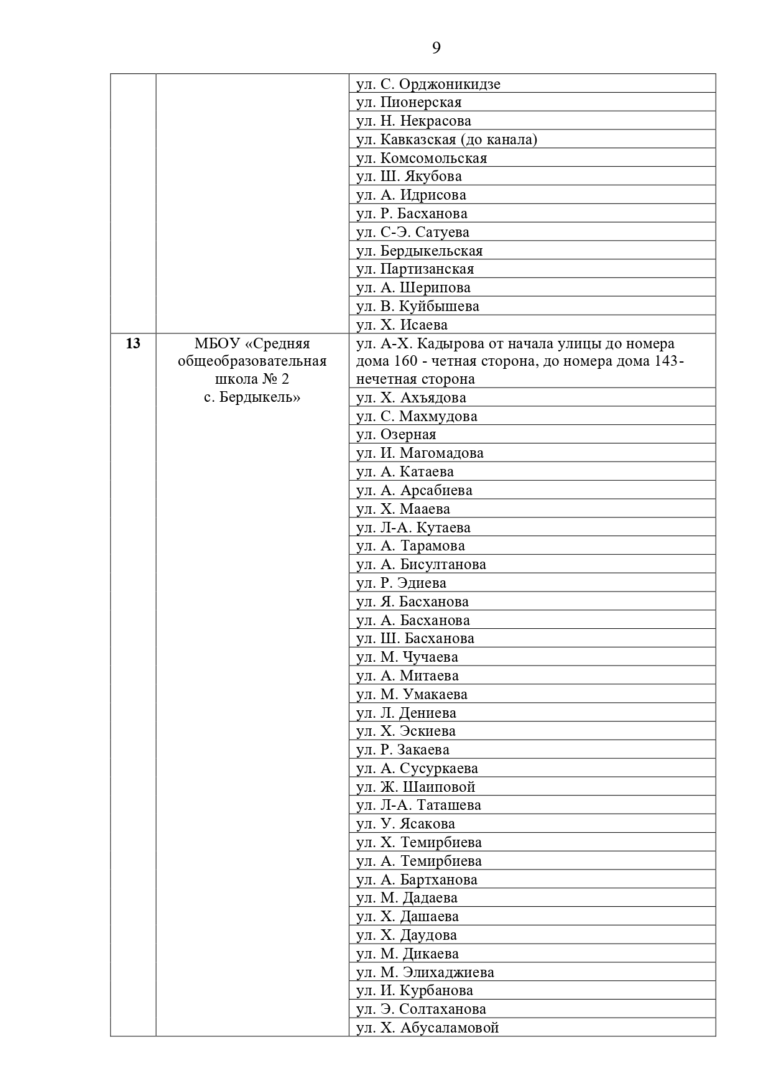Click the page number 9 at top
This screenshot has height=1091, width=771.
coord(436,48)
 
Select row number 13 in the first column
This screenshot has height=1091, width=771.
coord(133,343)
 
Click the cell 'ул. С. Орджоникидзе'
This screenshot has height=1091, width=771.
coord(428,84)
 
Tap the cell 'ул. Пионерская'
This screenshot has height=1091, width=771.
coord(409,103)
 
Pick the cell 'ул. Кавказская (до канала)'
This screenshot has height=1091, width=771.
coord(446,139)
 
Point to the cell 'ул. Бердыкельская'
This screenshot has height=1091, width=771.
coord(419,251)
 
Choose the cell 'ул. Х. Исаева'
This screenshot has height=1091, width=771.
coord(402,325)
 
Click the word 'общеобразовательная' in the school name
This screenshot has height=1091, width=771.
coord(252,361)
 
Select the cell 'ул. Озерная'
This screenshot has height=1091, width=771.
coord(396,434)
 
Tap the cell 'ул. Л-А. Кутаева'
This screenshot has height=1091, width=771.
coord(413,527)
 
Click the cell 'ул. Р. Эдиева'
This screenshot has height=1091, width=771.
coord(401,583)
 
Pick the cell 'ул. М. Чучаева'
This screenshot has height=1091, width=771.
coord(407,657)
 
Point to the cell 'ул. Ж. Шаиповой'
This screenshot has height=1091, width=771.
coord(415,787)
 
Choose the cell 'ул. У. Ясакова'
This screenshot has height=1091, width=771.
coord(405,824)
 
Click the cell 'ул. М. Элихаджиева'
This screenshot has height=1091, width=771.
coord(425,972)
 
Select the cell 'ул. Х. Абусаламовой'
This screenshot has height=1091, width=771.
coord(427,1028)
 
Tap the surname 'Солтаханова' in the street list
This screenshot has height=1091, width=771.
coord(443,1009)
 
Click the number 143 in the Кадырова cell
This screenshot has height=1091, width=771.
coord(666,361)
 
